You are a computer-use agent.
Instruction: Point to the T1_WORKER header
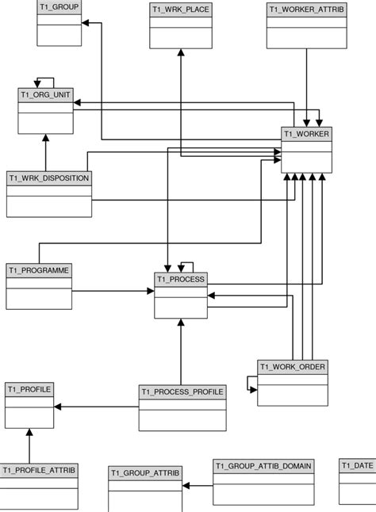pyautogui.click(x=306, y=134)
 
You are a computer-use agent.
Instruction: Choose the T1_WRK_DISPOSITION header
pyautogui.click(x=48, y=178)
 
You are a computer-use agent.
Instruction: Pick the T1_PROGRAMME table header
pyautogui.click(x=39, y=271)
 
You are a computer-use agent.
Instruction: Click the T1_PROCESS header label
pyautogui.click(x=181, y=279)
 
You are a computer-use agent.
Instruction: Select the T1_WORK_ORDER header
pyautogui.click(x=293, y=367)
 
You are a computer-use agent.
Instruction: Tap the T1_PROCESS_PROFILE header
pyautogui.click(x=182, y=392)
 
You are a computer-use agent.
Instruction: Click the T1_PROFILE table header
pyautogui.click(x=29, y=388)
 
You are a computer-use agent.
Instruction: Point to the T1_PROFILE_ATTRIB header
pyautogui.click(x=39, y=470)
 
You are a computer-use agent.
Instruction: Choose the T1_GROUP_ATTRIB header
pyautogui.click(x=145, y=473)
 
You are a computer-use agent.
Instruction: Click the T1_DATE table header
pyautogui.click(x=358, y=465)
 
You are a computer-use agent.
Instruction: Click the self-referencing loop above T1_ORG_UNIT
pyautogui.click(x=44, y=81)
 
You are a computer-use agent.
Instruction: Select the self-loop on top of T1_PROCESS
pyautogui.click(x=186, y=266)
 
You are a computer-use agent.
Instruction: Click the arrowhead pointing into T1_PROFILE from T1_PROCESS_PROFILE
pyautogui.click(x=56, y=407)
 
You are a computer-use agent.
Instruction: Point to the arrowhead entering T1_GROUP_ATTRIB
pyautogui.click(x=186, y=484)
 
